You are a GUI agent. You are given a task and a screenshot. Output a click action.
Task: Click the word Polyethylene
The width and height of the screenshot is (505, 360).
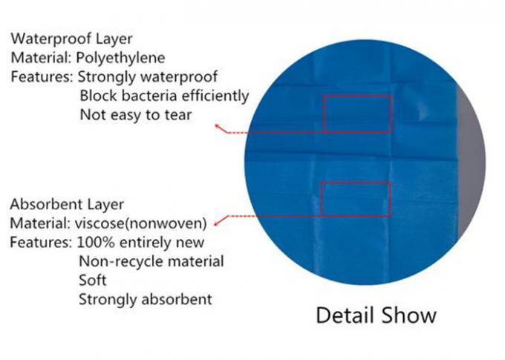[120, 59]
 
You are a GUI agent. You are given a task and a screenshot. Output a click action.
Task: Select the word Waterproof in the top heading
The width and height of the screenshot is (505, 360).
[48, 39]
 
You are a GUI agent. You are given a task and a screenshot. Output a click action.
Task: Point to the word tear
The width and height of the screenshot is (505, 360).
[178, 115]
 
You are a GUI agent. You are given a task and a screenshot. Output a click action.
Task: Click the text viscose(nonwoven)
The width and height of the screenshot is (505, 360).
[141, 223]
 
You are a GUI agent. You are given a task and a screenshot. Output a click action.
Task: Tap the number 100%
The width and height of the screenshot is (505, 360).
[96, 242]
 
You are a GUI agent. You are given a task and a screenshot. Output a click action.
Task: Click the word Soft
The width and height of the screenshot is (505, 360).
[92, 280]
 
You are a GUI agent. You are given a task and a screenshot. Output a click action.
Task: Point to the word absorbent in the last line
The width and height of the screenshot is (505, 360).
[177, 299]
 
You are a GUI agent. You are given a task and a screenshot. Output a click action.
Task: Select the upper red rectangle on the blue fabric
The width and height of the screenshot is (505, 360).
[358, 96]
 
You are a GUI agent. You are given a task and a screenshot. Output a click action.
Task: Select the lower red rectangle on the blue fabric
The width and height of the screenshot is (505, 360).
[356, 183]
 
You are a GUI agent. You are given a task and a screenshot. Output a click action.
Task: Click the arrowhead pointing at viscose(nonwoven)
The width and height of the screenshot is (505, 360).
[217, 223]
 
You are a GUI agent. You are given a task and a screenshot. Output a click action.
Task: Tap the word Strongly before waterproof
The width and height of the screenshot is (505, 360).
[107, 77]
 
